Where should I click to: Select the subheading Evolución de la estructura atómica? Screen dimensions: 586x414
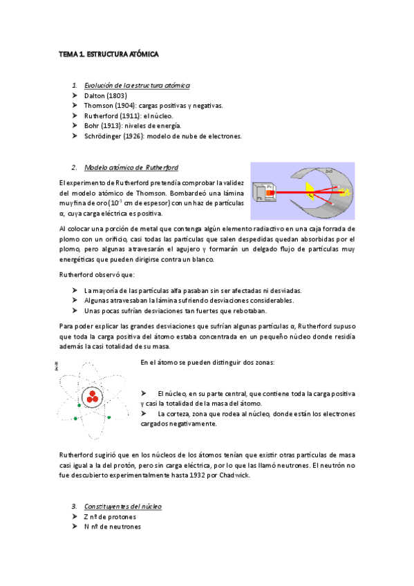[x=137, y=84]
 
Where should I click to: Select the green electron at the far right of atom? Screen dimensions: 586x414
[x=109, y=417]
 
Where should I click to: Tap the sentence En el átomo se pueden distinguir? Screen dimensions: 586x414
[x=207, y=363]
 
